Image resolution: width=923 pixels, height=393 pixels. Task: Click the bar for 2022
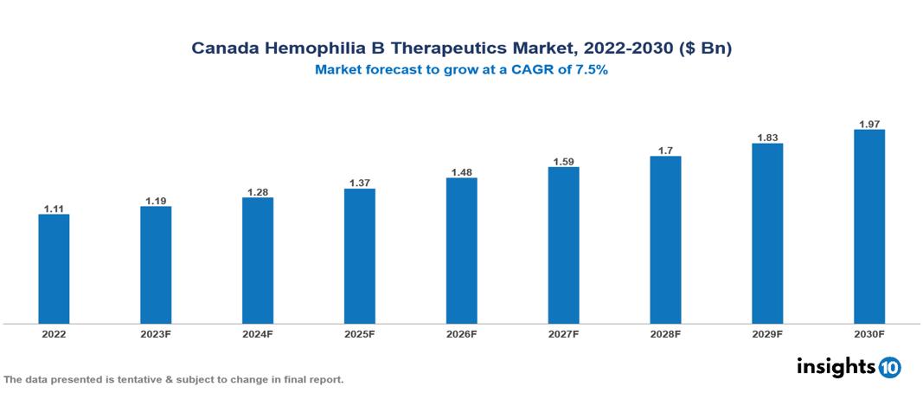54,268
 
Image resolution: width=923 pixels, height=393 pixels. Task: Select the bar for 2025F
360,256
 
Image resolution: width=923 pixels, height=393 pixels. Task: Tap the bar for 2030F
869,227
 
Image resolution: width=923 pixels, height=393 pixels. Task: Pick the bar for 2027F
564,245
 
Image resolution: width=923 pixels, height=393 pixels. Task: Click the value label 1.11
54,209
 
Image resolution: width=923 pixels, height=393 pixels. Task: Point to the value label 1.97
869,124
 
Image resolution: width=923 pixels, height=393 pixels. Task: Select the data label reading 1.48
462,172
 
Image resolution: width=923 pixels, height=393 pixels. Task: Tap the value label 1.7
666,151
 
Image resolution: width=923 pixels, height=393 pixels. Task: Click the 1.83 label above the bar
767,138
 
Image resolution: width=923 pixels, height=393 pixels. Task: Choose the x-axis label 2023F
156,333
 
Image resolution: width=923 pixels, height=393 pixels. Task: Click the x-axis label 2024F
258,333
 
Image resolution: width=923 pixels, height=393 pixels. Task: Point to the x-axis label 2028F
666,333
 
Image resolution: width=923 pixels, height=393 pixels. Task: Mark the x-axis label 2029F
767,333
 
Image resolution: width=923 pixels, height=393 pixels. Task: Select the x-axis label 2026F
462,333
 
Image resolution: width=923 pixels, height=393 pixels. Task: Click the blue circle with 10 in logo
889,368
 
